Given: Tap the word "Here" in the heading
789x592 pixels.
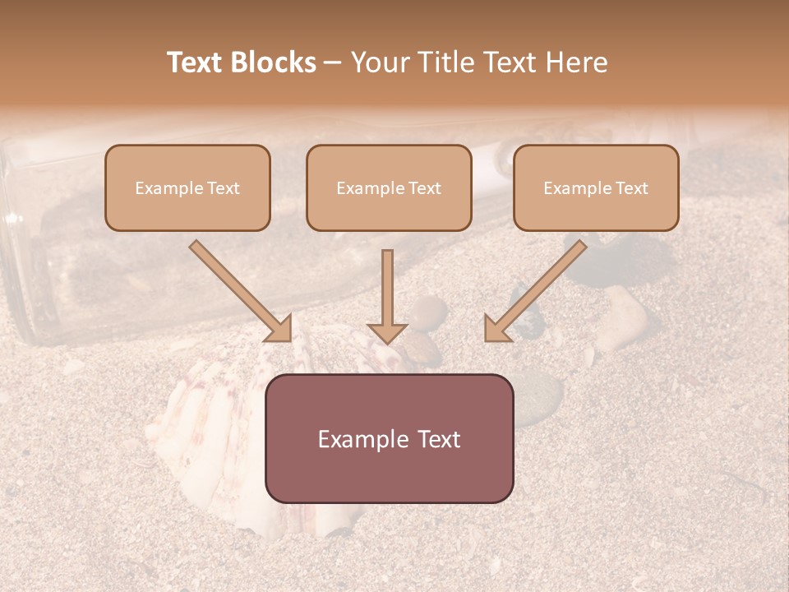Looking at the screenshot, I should click(576, 62).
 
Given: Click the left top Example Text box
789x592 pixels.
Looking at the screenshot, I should click(187, 187).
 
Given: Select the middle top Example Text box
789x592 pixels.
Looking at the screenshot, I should click(389, 187).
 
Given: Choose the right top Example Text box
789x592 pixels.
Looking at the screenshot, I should click(596, 187).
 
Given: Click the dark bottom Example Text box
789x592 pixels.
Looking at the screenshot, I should click(389, 438).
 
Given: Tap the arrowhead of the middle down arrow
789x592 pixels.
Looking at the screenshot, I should click(387, 331).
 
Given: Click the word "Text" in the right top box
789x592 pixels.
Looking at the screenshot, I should click(630, 188).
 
